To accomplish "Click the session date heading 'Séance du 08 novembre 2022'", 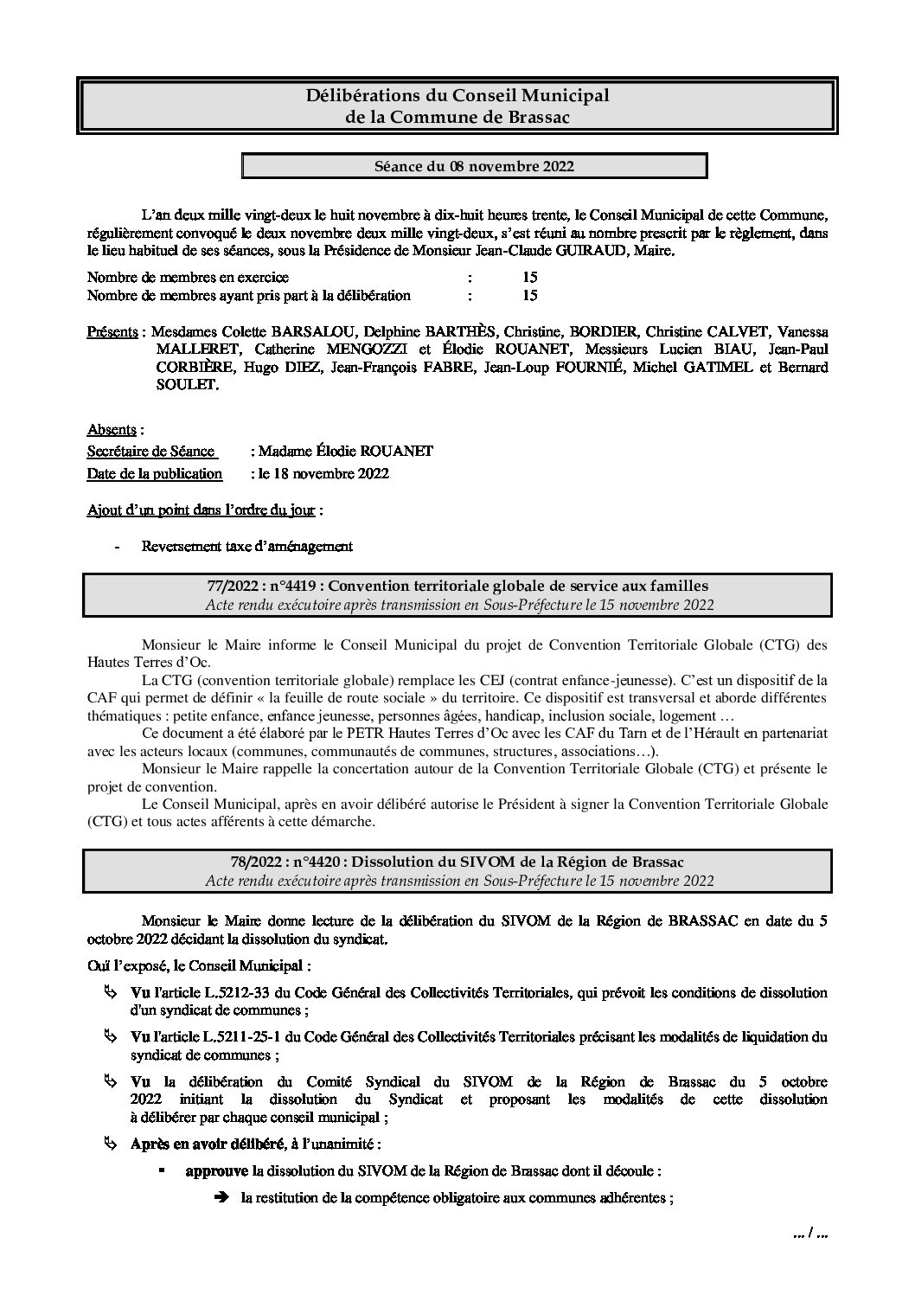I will coord(474,166).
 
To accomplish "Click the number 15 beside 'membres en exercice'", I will coord(529,277).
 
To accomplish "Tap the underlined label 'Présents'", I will coord(112,332).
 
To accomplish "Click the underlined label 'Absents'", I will coord(112,429).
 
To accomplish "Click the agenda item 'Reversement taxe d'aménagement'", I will coord(247,546).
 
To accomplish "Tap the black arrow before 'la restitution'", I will coord(221,1198).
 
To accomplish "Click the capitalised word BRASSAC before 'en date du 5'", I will coord(703,920).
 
